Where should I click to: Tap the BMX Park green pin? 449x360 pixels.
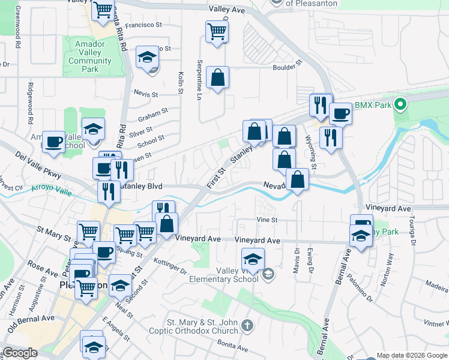pyautogui.click(x=403, y=105)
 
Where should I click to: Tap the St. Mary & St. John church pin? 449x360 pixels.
pyautogui.click(x=247, y=327)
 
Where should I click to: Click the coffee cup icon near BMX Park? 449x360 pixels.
pyautogui.click(x=340, y=112)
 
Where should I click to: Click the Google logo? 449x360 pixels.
pyautogui.click(x=20, y=353)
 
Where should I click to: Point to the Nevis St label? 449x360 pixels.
pyautogui.click(x=146, y=94)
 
